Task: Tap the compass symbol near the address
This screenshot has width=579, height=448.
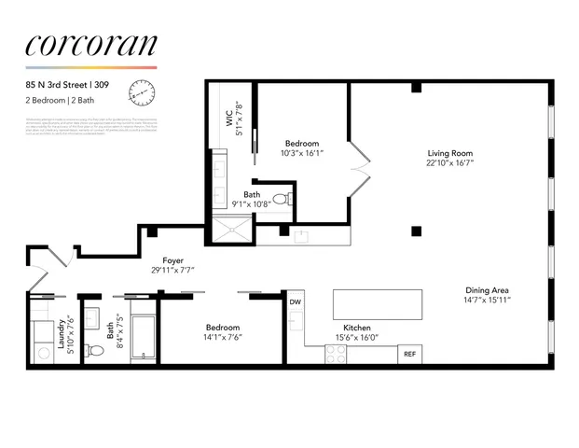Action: tap(143, 91)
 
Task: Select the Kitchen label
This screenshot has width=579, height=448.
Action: tap(358, 328)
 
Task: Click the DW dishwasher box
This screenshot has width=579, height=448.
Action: tap(296, 301)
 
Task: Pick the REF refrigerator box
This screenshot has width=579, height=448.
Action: tap(408, 354)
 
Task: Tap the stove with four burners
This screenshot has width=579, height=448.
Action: tap(336, 354)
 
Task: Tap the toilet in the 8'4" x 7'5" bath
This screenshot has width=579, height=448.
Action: tap(94, 351)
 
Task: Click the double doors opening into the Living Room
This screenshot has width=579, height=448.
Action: tap(358, 171)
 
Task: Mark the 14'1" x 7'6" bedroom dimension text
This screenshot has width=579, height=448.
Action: tap(223, 338)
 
